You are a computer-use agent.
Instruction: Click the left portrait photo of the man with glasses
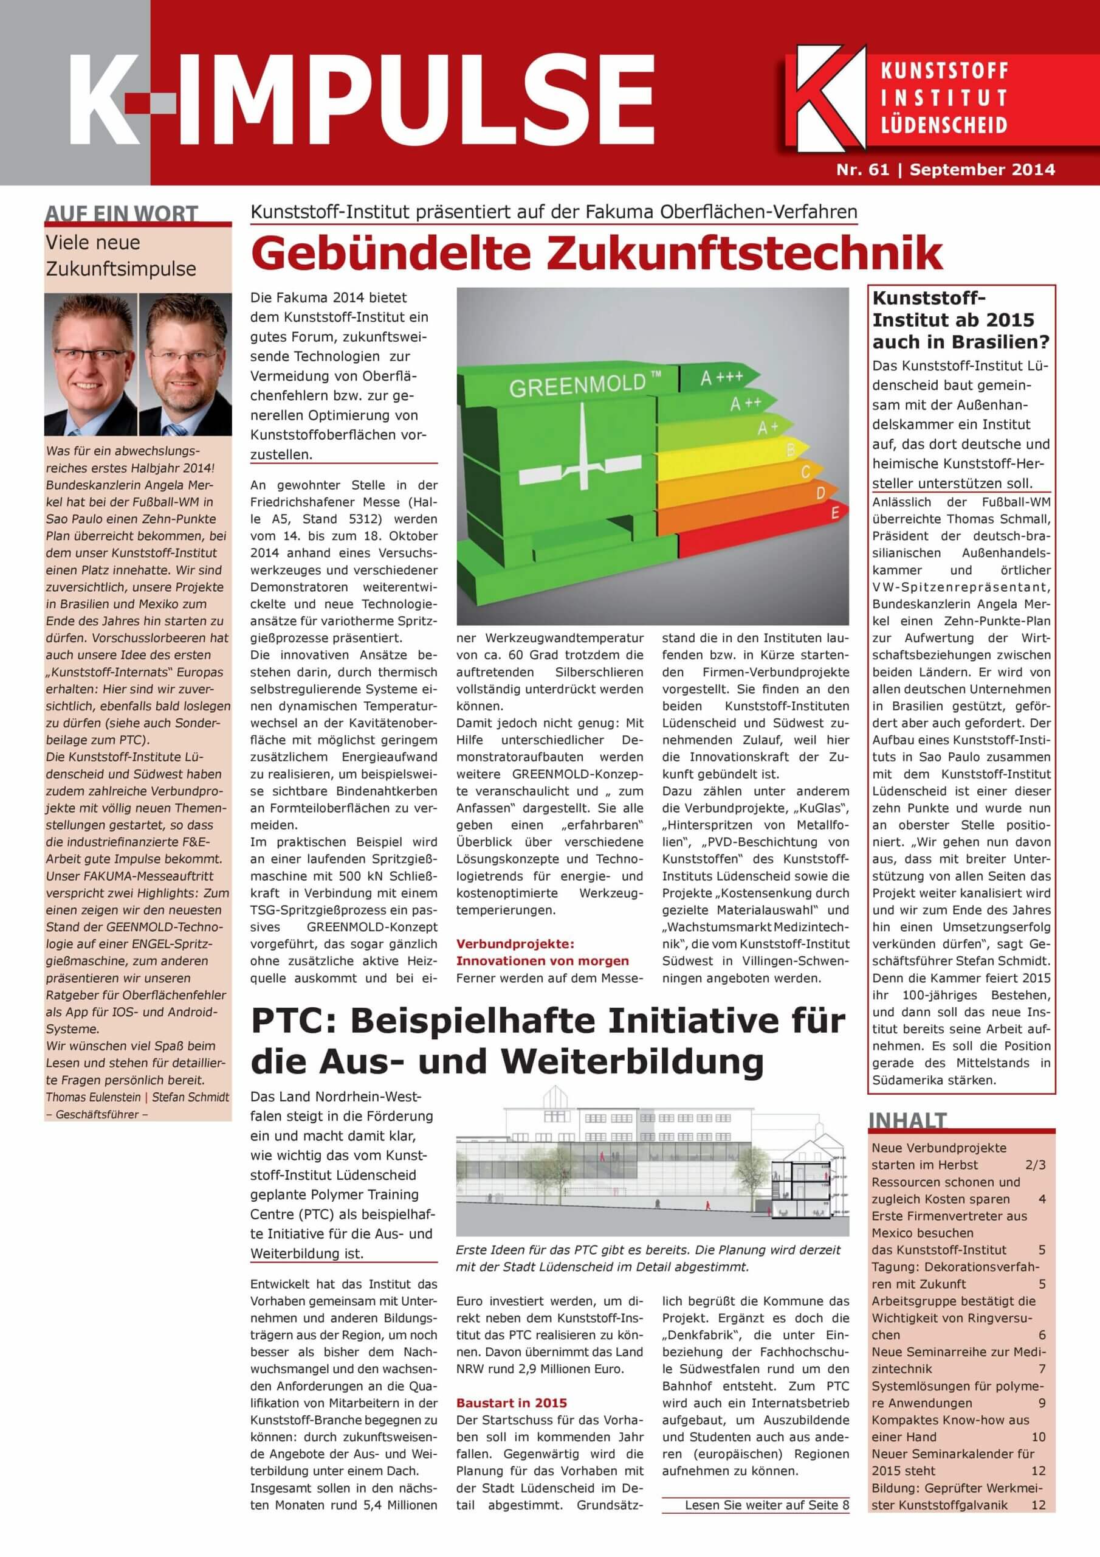90,364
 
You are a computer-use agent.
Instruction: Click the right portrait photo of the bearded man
185,364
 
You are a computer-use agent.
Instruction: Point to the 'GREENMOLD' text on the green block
577,385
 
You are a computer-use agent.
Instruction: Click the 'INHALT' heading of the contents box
907,1120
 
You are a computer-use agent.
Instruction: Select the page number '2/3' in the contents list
1035,1165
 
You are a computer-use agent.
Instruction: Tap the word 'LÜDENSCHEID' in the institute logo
943,125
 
